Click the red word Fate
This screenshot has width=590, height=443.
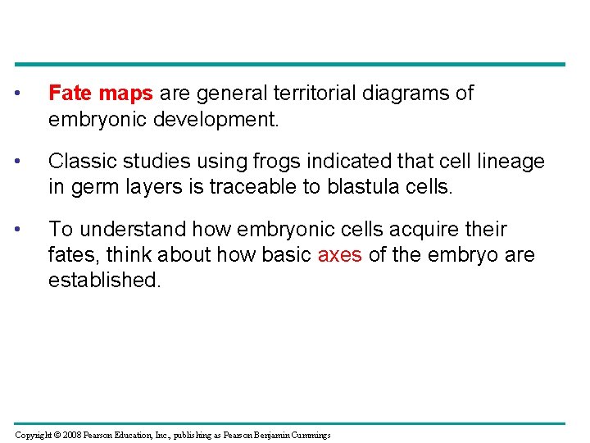click(70, 94)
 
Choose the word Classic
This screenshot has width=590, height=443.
click(79, 162)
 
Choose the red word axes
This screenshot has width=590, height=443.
click(339, 255)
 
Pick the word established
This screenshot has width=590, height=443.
click(103, 281)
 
